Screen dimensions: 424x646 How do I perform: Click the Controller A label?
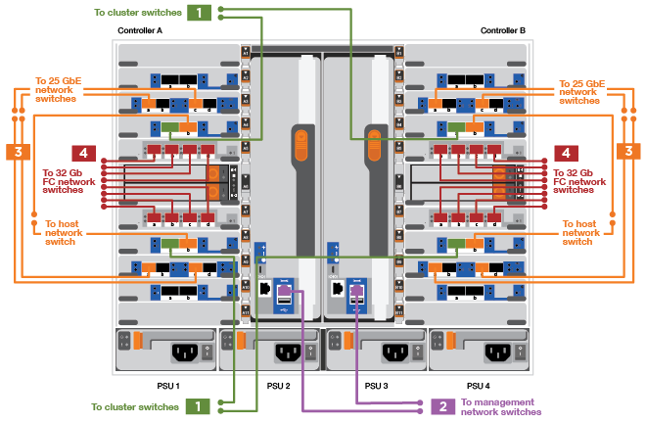coord(140,30)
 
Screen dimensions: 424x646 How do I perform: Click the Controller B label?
coord(503,30)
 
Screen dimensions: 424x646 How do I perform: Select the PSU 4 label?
coord(478,384)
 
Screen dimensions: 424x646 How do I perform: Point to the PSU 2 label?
coord(279,384)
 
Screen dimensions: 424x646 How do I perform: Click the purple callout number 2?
coord(442,405)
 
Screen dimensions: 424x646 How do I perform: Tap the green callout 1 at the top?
coord(199,13)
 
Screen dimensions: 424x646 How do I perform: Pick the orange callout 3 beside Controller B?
coord(627,152)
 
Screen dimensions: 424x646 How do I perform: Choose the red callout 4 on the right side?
coord(565,153)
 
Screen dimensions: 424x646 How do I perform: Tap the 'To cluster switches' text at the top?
coord(138,13)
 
